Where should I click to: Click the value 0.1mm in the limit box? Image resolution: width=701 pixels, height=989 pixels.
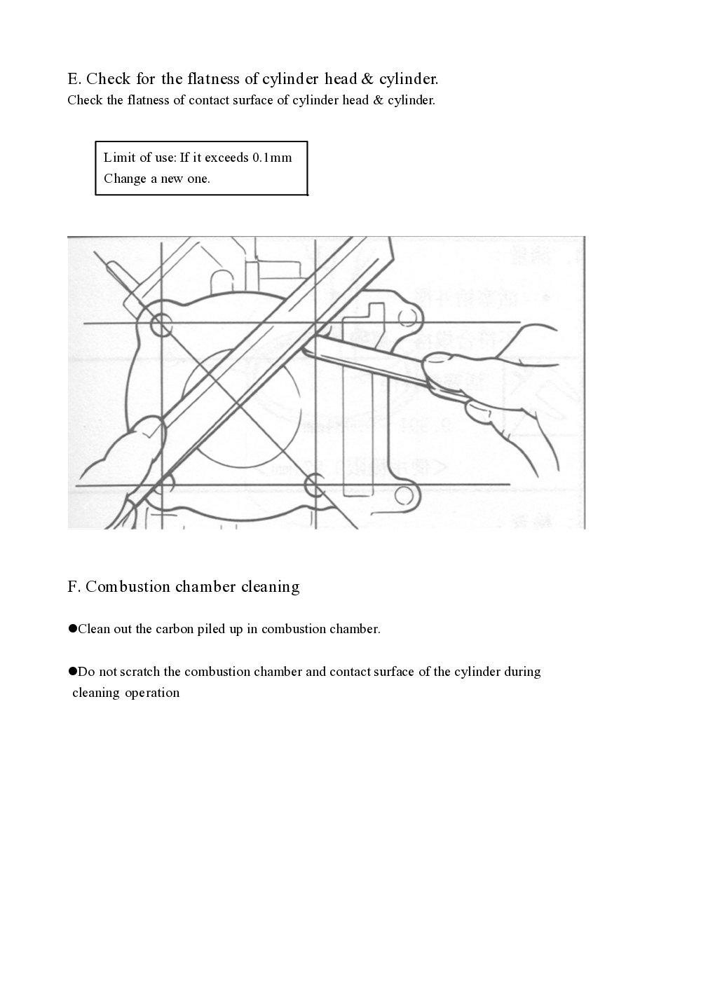click(272, 158)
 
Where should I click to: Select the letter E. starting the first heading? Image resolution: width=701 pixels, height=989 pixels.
click(74, 78)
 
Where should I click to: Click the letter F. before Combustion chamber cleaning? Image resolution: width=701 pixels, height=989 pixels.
click(74, 587)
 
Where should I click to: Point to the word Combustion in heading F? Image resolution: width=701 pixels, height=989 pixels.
click(128, 587)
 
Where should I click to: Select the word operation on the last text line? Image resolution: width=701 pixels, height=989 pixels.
click(152, 693)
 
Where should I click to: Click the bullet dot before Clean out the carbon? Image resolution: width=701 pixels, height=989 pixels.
click(72, 628)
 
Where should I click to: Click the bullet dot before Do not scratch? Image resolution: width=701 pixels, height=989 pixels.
click(72, 671)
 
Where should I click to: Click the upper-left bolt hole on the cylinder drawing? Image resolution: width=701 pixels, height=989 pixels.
click(161, 324)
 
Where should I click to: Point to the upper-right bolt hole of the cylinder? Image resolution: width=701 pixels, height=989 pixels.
click(409, 319)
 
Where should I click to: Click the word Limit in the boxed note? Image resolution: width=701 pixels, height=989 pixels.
click(118, 158)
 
